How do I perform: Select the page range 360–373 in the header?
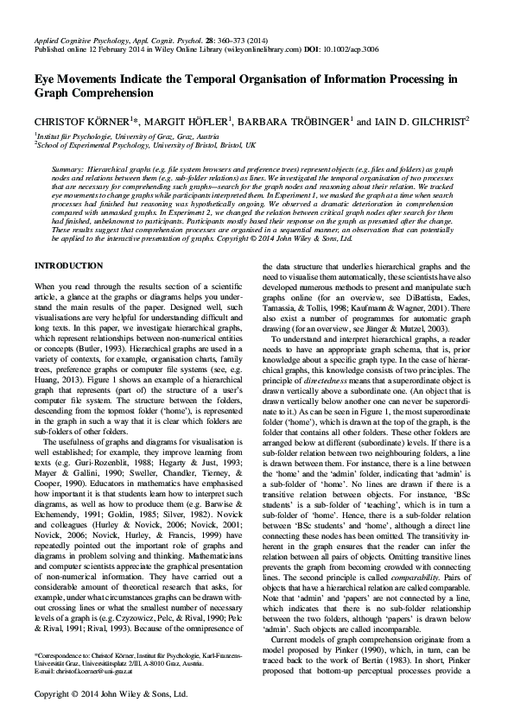[228, 41]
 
